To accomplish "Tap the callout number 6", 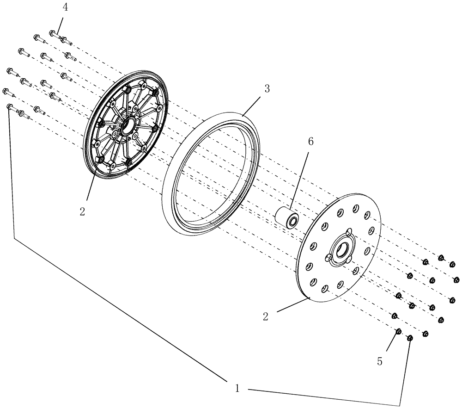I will pyautogui.click(x=310, y=142).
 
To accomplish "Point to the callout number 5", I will pyautogui.click(x=380, y=361).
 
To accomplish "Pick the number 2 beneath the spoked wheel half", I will pyautogui.click(x=82, y=212).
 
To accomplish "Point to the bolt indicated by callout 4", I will pyautogui.click(x=54, y=34).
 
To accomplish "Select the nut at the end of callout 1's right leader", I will pyautogui.click(x=410, y=339).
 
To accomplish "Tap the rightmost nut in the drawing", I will pyautogui.click(x=456, y=279).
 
